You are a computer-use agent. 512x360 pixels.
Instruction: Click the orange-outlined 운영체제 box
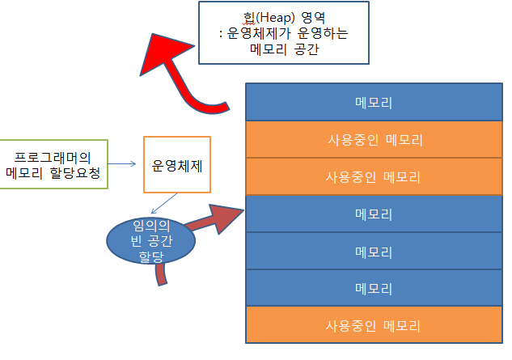(176, 164)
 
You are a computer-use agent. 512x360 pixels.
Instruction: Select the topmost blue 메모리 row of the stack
(373, 102)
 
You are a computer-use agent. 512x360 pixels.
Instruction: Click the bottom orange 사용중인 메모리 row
(373, 326)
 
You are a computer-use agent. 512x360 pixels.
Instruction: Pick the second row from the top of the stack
(373, 139)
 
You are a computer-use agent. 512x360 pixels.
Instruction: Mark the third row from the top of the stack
(373, 176)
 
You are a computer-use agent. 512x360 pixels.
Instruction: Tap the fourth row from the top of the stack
(373, 214)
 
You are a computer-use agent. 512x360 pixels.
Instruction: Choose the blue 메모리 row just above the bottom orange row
(373, 289)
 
